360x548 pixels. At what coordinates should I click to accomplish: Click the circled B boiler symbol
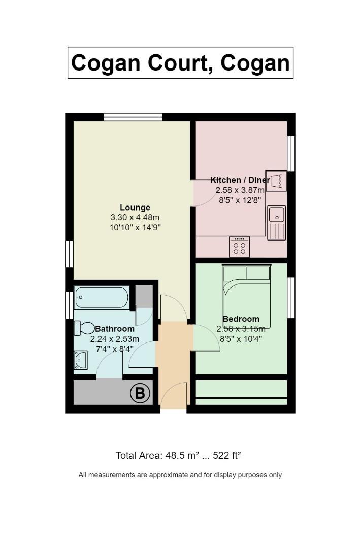coord(140,393)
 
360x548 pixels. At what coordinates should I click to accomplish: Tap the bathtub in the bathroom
coord(102,297)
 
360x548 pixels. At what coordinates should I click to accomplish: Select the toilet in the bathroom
coord(84,328)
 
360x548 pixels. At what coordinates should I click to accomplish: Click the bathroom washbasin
coord(80,360)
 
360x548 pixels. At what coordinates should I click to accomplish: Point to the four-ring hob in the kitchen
coord(239,247)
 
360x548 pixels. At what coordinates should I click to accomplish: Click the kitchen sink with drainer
coord(276,223)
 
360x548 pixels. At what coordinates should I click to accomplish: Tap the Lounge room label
coord(135,207)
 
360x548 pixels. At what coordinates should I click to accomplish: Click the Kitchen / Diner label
coord(240,180)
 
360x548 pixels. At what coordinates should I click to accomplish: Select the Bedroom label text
coord(241,319)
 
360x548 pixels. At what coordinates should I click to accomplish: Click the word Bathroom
coord(115,329)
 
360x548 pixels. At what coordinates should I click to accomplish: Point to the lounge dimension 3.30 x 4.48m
coord(135,217)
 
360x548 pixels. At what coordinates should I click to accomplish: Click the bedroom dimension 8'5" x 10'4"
coord(241,338)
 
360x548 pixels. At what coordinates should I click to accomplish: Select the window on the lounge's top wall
coord(133,117)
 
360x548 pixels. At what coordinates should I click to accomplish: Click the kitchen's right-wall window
coord(291,153)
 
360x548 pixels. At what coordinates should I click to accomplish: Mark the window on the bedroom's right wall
coord(291,297)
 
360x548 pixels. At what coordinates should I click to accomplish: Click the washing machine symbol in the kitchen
coord(276,181)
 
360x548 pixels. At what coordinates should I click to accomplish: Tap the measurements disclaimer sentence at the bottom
coord(180,475)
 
